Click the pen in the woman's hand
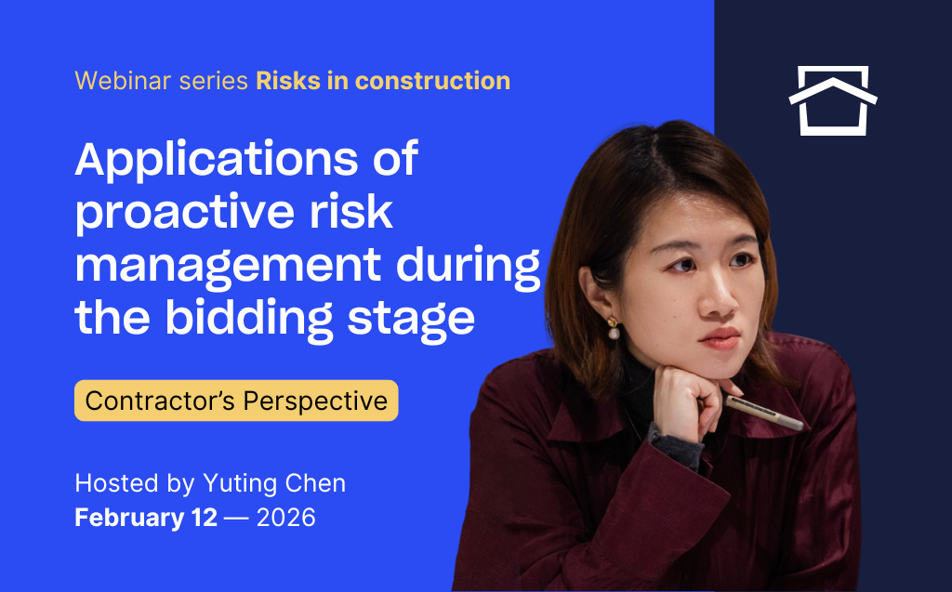point(764,413)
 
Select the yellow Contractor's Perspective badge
point(236,401)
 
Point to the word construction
point(432,81)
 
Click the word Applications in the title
point(217,160)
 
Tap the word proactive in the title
point(185,213)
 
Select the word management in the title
point(228,266)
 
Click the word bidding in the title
point(249,318)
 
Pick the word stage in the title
point(411,320)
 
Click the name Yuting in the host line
point(240,484)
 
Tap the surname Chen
point(315,483)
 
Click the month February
point(129,518)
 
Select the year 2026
point(286,518)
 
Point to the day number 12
point(204,518)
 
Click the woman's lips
point(721,337)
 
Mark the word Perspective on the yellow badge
point(315,401)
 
